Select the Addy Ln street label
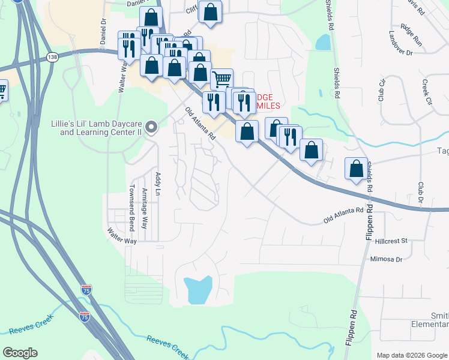click(x=158, y=184)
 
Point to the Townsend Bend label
click(x=131, y=208)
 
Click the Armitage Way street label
click(x=145, y=208)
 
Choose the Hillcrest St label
click(x=391, y=240)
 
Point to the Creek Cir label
click(x=427, y=89)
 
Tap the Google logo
click(x=20, y=353)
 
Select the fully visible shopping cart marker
click(x=222, y=79)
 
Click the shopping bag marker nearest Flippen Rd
click(x=357, y=167)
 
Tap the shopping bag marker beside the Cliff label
click(x=211, y=11)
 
